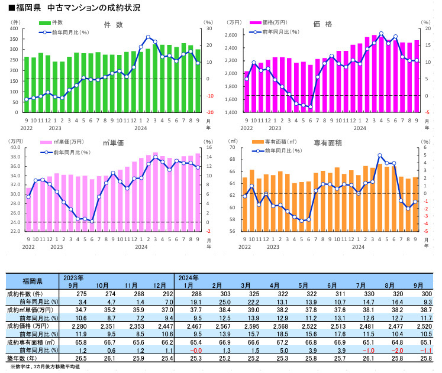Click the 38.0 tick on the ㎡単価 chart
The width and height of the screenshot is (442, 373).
click(15, 157)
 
